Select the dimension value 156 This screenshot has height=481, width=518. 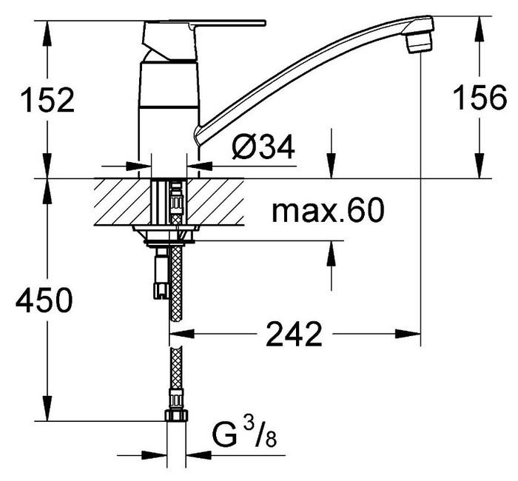tap(480, 100)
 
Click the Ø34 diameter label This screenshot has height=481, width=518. tap(263, 149)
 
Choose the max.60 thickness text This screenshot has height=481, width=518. tap(328, 212)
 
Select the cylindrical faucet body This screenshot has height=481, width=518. tap(169, 111)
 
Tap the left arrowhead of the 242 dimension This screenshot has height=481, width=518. tap(181, 335)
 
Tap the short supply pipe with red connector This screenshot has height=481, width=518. tap(158, 274)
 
